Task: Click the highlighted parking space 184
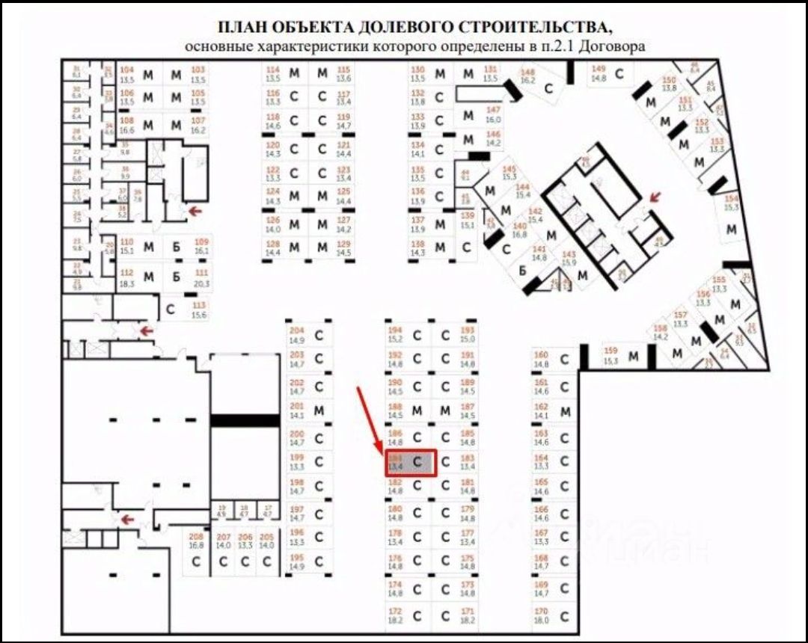click(x=410, y=462)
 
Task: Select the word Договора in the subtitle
click(x=619, y=46)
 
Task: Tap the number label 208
click(x=197, y=537)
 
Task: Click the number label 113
click(x=199, y=306)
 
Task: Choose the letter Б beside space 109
click(x=177, y=247)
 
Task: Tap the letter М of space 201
click(x=319, y=410)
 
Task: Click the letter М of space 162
click(x=566, y=411)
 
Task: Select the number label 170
click(x=542, y=611)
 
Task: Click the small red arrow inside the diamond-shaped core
click(x=655, y=197)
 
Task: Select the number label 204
click(x=297, y=331)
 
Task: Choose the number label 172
click(x=396, y=612)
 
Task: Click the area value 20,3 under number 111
click(x=201, y=283)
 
